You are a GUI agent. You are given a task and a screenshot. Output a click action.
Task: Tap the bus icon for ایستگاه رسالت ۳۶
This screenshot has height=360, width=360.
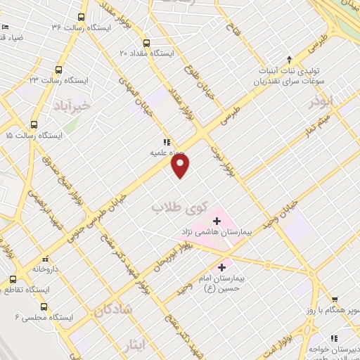[x=82, y=16]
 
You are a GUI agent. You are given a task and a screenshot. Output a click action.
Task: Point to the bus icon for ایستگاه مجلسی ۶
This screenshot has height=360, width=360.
[x=44, y=307]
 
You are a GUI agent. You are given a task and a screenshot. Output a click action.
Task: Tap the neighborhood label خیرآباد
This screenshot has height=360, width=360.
[x=72, y=105]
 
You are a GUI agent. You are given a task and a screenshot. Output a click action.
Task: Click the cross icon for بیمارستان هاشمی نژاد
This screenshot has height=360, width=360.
[x=217, y=221]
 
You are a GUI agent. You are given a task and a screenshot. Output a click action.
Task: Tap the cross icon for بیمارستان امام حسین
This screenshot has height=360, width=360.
[x=222, y=267]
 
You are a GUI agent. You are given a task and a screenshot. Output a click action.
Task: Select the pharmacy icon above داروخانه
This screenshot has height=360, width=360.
[x=45, y=258]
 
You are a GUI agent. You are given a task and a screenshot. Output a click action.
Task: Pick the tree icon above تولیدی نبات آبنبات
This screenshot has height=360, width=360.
[x=288, y=60]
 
